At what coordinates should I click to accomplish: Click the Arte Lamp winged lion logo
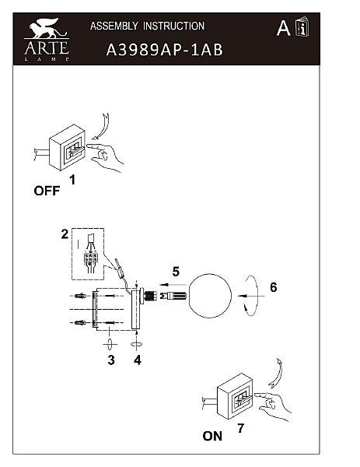pos(47,39)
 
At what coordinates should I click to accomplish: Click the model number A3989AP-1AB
pos(165,50)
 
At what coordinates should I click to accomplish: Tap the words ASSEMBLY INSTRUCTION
pos(147,26)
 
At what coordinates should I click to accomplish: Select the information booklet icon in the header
pos(302,26)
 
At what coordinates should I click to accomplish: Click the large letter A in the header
pos(283,28)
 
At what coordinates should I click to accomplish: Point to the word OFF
pos(47,191)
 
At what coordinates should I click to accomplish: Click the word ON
pos(212,436)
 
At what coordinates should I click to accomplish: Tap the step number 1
pos(72,180)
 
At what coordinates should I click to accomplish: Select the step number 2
pos(65,234)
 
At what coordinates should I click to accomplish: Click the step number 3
pos(111,360)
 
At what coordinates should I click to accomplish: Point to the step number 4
pos(137,360)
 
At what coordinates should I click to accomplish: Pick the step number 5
pos(176,272)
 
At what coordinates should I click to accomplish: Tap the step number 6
pos(274,287)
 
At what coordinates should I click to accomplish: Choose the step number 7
pos(240,428)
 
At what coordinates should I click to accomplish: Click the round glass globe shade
pos(209,296)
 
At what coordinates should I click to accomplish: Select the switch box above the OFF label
pos(68,147)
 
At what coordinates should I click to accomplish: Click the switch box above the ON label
pos(236,396)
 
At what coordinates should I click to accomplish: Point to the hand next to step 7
pos(274,406)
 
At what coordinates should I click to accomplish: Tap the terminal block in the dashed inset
pos(90,258)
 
